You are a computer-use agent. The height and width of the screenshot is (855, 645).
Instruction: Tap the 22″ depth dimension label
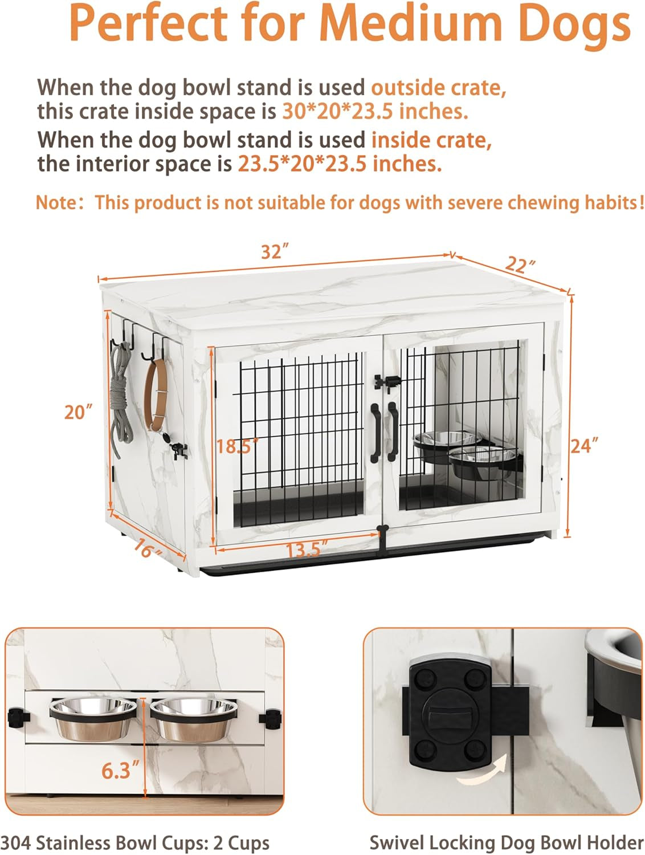(520, 264)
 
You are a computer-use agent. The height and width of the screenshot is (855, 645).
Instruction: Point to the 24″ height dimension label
(584, 445)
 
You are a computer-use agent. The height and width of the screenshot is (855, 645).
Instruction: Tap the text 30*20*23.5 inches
(375, 111)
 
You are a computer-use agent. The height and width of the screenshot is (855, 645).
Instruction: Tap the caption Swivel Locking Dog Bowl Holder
(506, 841)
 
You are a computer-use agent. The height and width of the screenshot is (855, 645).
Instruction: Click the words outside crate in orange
(439, 88)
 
